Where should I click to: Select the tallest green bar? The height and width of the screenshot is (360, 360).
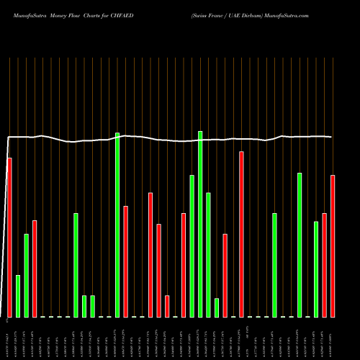click(x=200, y=224)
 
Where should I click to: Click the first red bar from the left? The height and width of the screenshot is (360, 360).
click(x=9, y=237)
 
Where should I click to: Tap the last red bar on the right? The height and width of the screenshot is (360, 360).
click(x=333, y=246)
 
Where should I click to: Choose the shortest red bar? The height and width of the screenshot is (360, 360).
click(x=167, y=306)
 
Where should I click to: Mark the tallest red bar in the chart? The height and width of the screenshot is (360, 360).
click(x=241, y=234)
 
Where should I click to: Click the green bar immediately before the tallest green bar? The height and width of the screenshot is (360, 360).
click(x=192, y=246)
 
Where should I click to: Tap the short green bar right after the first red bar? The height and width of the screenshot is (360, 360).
click(x=18, y=296)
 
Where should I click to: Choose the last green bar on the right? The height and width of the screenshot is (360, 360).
click(x=316, y=269)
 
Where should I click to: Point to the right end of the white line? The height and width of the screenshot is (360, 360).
click(x=331, y=137)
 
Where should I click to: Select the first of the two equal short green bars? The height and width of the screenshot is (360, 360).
click(x=84, y=306)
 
